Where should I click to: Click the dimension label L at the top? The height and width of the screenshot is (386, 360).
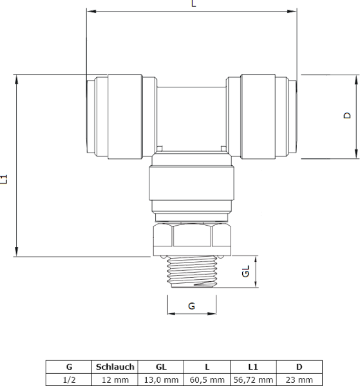(194, 3)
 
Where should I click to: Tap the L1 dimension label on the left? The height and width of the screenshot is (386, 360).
(4, 179)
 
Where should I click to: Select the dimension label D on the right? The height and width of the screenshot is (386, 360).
(347, 115)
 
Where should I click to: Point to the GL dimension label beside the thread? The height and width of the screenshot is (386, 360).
(245, 271)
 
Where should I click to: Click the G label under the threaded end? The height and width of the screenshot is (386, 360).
(191, 306)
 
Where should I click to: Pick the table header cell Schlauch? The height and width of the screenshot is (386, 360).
(115, 367)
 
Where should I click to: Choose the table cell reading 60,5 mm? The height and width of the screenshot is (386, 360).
(207, 380)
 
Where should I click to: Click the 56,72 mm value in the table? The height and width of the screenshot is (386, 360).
(253, 380)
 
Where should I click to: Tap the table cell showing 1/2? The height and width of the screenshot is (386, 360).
(69, 380)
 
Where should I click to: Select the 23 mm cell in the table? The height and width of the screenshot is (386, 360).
(299, 380)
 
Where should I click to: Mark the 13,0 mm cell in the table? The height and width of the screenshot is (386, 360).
(161, 380)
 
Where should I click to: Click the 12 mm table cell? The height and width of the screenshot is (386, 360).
(115, 380)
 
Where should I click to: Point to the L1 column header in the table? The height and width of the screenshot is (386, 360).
(253, 367)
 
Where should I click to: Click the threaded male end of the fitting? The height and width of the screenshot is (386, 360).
(192, 271)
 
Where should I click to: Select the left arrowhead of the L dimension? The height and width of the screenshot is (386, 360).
(91, 12)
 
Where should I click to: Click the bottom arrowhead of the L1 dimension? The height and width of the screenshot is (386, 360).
(16, 252)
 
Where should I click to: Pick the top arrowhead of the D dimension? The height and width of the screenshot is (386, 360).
(356, 80)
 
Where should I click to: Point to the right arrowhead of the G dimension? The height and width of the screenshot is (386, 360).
(212, 314)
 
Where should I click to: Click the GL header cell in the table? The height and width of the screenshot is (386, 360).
(161, 367)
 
